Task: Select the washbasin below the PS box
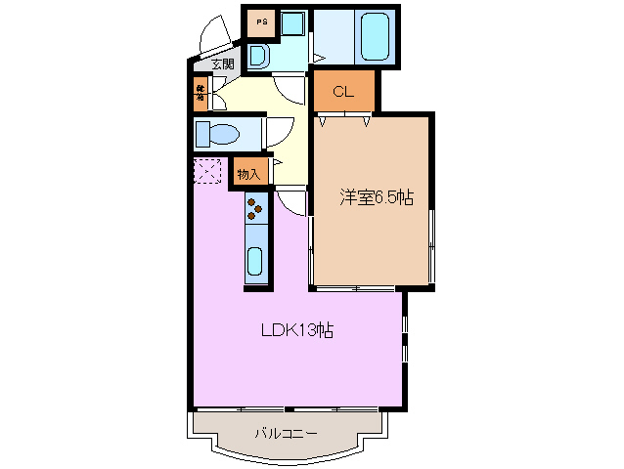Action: coord(258,56)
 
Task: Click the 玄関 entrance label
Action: coord(222,64)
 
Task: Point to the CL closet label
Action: coord(342,93)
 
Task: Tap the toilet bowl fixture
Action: coord(216,133)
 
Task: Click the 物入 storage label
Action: coord(248,174)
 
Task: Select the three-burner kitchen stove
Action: coord(255,207)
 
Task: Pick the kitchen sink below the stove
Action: coord(255,261)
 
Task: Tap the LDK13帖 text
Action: coord(297,330)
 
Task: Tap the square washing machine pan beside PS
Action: coord(291,23)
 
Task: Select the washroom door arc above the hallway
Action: coord(290,90)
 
